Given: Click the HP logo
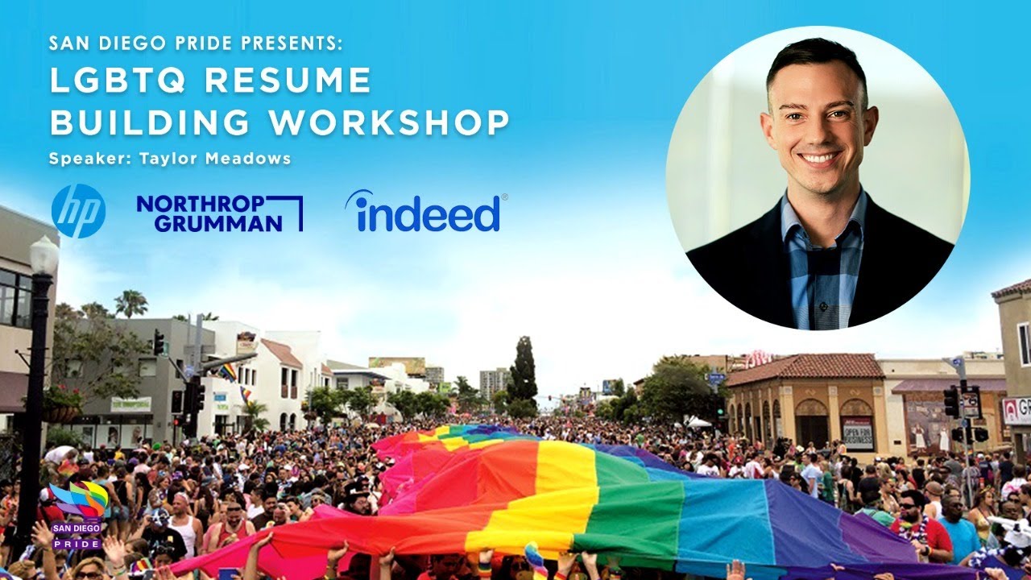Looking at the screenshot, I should [x=78, y=211].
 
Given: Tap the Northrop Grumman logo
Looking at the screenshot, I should [x=219, y=213].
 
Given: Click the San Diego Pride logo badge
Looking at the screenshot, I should [x=77, y=514].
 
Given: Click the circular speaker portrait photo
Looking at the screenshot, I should [x=818, y=177].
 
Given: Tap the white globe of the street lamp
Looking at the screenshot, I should [x=43, y=255].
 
